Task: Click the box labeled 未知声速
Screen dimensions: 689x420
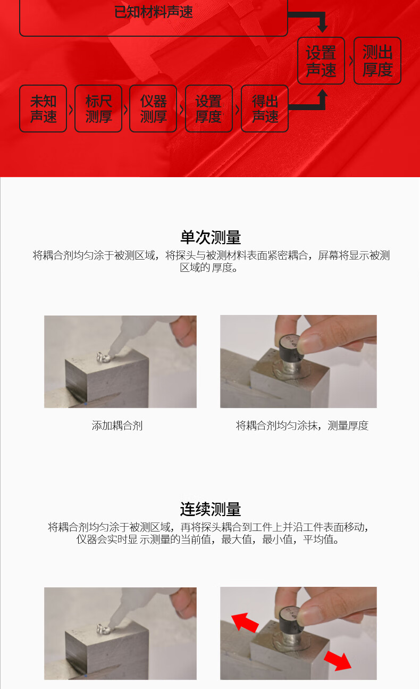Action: point(43,109)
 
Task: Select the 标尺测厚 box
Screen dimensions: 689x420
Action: point(98,109)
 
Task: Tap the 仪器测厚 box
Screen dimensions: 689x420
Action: point(153,109)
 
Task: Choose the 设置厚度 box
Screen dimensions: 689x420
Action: point(208,109)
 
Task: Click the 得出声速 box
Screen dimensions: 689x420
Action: point(265,109)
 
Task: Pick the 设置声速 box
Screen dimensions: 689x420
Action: point(321,61)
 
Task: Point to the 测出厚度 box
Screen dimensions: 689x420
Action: point(377,61)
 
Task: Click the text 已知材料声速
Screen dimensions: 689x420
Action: point(154,12)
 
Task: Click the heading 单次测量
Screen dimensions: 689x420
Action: point(211,237)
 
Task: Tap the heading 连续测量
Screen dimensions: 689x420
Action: point(211,509)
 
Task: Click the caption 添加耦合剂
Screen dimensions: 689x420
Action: point(117,426)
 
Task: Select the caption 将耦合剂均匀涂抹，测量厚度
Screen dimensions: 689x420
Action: point(302,426)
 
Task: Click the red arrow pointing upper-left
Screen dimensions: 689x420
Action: point(244,622)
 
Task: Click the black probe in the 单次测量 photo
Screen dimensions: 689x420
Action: point(291,351)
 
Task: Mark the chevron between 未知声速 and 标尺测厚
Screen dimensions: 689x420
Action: point(71,110)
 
